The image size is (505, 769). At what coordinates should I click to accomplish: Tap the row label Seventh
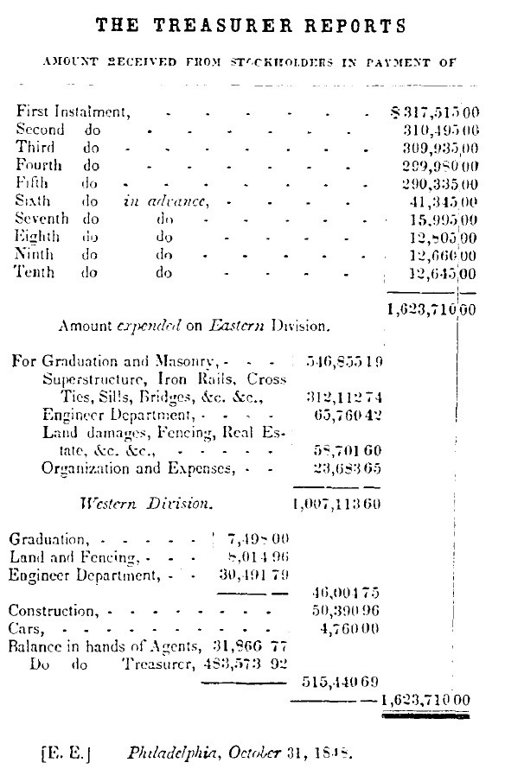[42, 219]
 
